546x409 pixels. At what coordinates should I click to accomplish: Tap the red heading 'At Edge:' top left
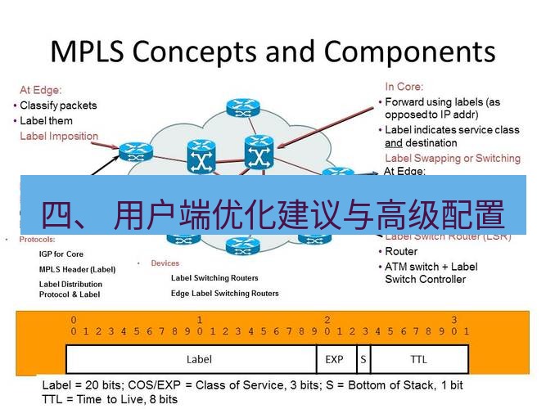click(x=41, y=91)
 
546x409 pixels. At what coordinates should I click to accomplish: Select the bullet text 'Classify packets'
click(x=58, y=106)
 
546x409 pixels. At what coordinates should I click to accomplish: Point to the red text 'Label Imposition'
click(x=59, y=137)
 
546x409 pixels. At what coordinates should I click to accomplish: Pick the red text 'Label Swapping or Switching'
click(x=452, y=158)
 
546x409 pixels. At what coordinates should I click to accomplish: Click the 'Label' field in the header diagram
click(x=199, y=359)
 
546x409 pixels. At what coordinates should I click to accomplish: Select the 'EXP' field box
click(x=335, y=359)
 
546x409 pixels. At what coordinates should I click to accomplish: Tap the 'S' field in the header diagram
click(x=362, y=359)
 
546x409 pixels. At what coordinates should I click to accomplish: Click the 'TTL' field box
click(x=418, y=359)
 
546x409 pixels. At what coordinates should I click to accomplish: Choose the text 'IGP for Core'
click(x=61, y=254)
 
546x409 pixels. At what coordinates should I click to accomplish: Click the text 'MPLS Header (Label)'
click(x=78, y=269)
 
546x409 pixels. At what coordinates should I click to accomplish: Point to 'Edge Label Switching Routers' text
click(x=224, y=293)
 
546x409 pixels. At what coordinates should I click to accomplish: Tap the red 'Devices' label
click(x=165, y=263)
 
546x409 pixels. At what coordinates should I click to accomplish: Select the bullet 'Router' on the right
click(x=401, y=252)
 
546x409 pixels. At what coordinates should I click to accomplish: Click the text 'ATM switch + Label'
click(x=431, y=267)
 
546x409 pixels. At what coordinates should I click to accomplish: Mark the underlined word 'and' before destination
click(x=394, y=142)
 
